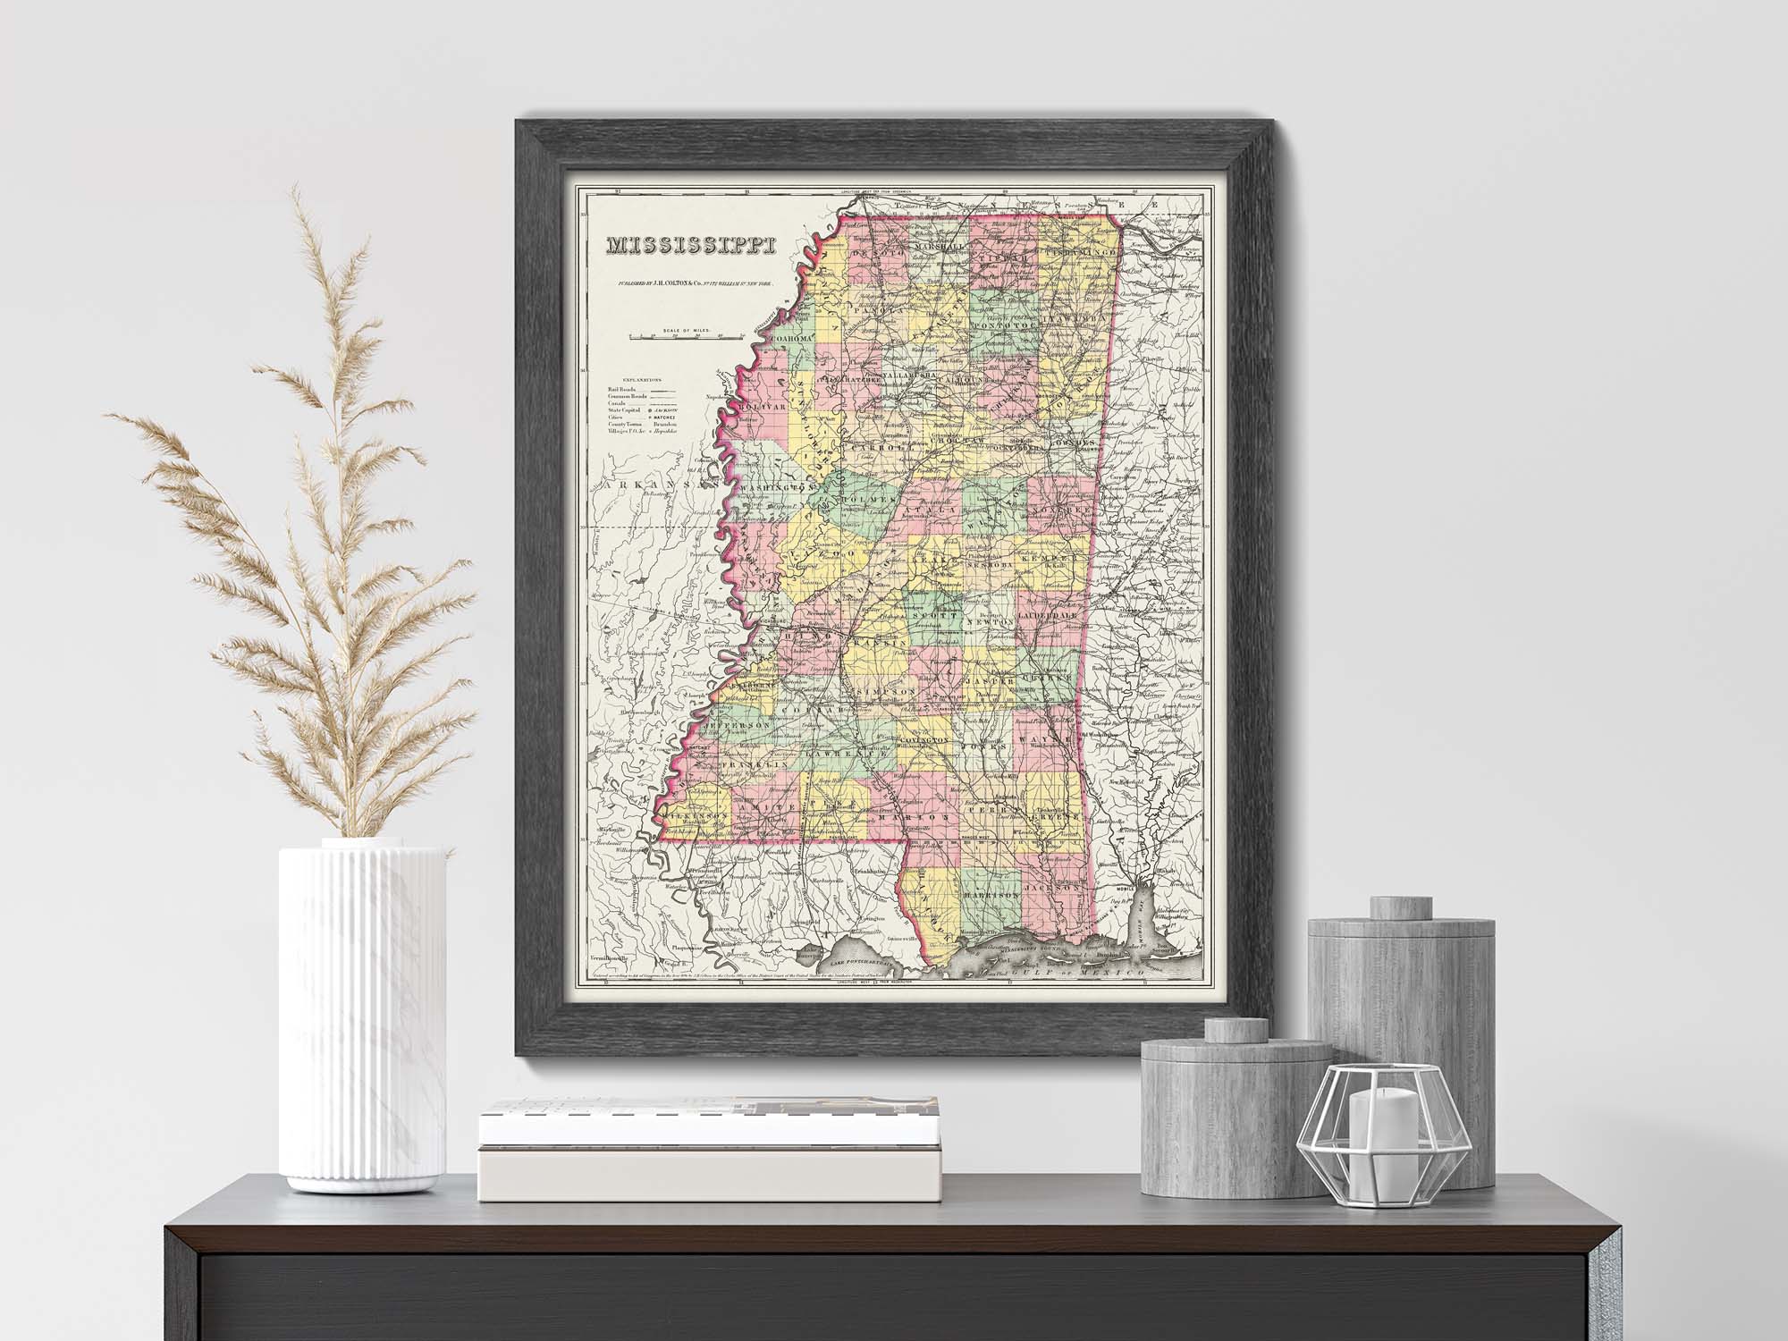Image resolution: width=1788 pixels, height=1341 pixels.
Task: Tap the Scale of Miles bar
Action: click(x=687, y=336)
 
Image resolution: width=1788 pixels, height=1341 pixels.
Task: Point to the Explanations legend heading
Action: click(x=637, y=379)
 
